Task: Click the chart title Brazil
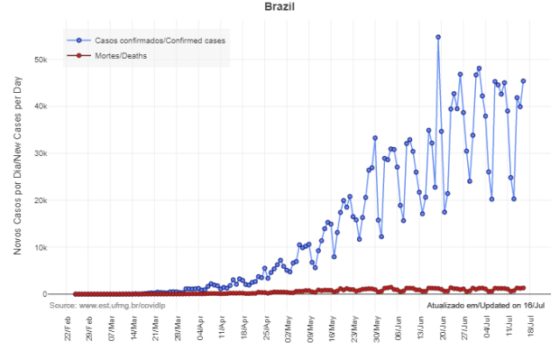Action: [x=279, y=8]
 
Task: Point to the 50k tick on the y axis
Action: [x=53, y=60]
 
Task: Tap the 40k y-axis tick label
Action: [x=53, y=106]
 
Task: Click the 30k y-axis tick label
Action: [x=53, y=153]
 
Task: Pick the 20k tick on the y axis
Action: [x=53, y=200]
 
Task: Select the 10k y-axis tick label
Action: [x=53, y=247]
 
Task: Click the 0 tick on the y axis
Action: [x=57, y=294]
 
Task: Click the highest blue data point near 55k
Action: [x=438, y=37]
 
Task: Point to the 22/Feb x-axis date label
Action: [x=69, y=330]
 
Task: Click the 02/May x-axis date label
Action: [x=289, y=330]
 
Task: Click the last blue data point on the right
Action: [x=523, y=81]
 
